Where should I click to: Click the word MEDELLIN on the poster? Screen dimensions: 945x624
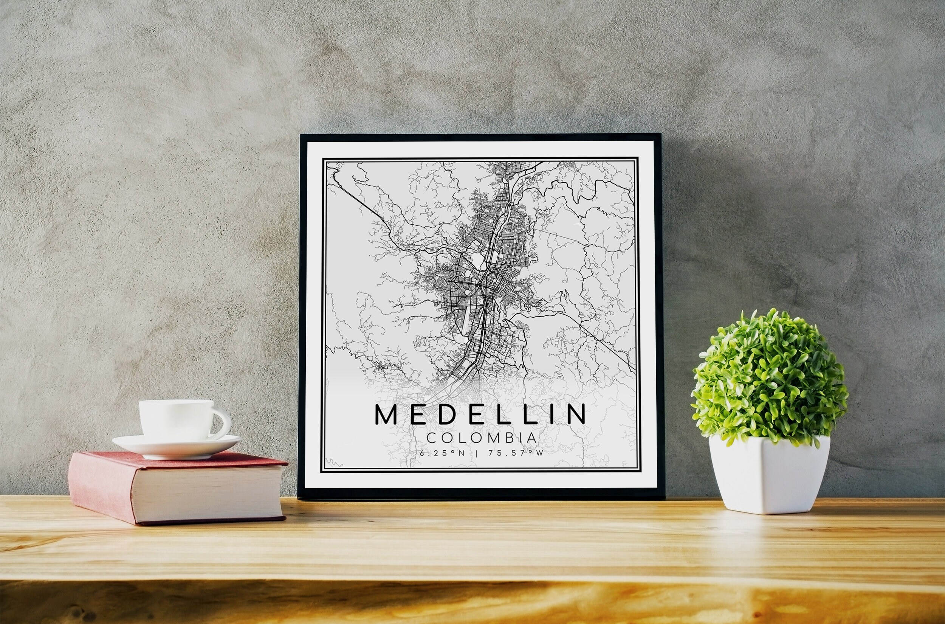[480, 414]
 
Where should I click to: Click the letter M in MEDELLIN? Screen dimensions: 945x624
[386, 414]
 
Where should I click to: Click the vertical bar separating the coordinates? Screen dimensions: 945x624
[477, 453]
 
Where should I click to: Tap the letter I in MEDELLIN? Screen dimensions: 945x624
[550, 414]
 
